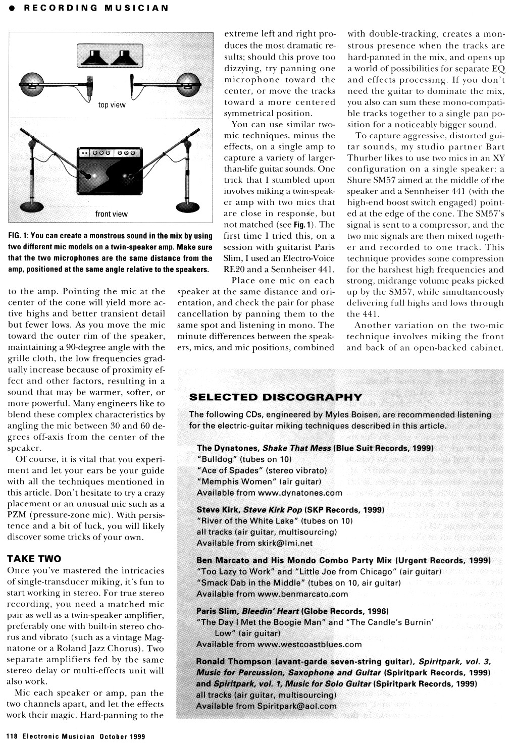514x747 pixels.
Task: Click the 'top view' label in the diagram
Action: tap(112, 105)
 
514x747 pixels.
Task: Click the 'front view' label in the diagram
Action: tap(112, 214)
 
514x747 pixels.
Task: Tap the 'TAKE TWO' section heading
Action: tap(34, 559)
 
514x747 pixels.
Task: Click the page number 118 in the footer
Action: tap(12, 736)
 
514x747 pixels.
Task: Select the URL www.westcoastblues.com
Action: tap(310, 644)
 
